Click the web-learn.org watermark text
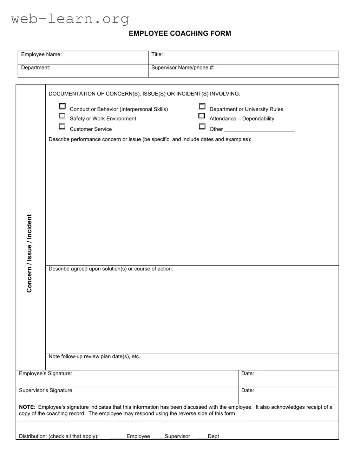(70, 19)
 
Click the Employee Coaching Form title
(180, 33)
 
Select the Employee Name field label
(41, 54)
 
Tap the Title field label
(157, 54)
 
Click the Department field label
(35, 67)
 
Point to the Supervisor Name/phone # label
(183, 67)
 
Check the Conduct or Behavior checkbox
(62, 106)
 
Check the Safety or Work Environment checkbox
(62, 116)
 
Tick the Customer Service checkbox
(62, 126)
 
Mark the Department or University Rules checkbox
(202, 106)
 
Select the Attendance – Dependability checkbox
(202, 116)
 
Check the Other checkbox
(202, 126)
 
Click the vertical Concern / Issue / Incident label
(30, 253)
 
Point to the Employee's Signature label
(45, 374)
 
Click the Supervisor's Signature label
(45, 390)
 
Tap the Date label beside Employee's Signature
(248, 374)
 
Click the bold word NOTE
(26, 407)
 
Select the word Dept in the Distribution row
(213, 437)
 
